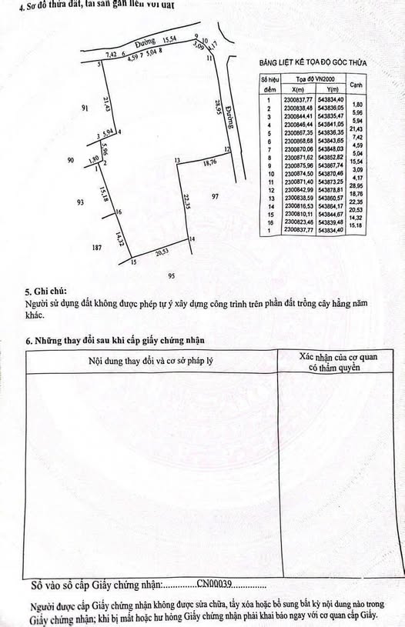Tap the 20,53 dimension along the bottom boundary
point(161,252)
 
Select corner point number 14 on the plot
point(192,239)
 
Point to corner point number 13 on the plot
point(176,160)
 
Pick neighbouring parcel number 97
point(216,197)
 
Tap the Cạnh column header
point(356,85)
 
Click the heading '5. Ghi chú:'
point(45,292)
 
